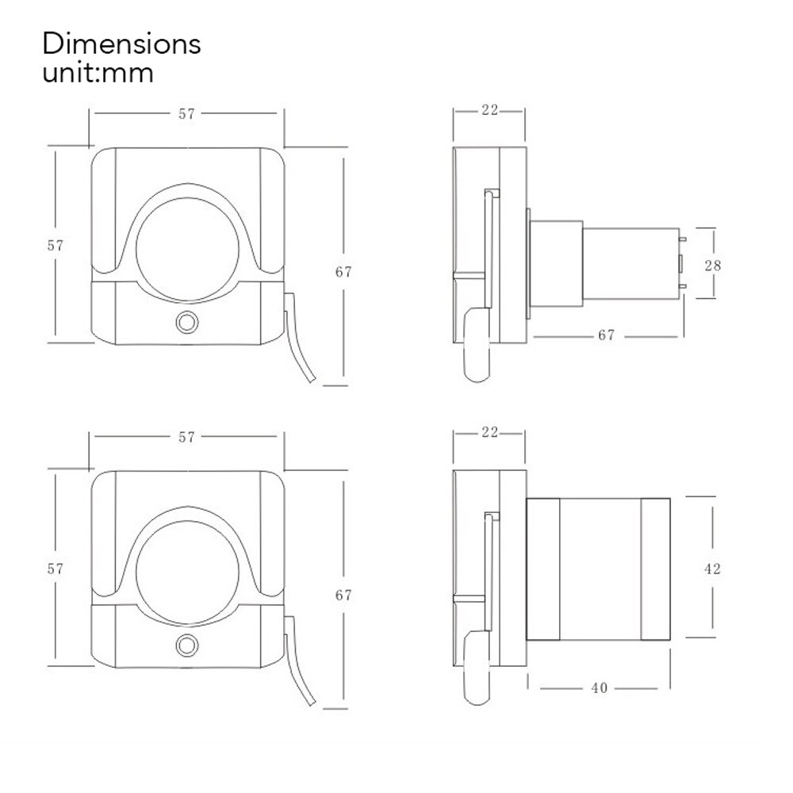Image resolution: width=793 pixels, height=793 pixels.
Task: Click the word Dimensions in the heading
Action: click(x=121, y=43)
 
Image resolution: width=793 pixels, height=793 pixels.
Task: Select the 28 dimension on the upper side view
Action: click(x=713, y=265)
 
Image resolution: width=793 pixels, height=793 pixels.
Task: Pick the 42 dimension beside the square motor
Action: click(x=712, y=569)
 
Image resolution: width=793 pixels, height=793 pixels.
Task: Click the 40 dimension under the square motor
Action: click(x=600, y=688)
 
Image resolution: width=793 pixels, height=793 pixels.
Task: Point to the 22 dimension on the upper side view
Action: click(x=489, y=110)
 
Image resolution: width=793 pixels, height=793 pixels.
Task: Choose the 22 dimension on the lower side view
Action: click(x=489, y=432)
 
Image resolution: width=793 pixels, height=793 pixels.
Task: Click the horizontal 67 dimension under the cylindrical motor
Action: click(x=606, y=335)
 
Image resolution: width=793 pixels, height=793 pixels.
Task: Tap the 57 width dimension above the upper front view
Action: click(x=186, y=113)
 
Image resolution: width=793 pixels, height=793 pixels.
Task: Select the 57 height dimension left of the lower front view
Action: click(x=55, y=569)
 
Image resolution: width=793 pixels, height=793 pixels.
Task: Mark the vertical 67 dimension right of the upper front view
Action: click(x=343, y=271)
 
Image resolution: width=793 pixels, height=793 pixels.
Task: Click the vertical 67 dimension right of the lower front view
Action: click(x=343, y=595)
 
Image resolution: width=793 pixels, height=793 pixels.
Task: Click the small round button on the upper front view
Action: click(x=187, y=322)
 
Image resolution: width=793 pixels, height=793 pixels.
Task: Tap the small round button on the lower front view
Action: click(x=187, y=645)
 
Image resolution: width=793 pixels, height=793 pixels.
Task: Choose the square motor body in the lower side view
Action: click(x=599, y=569)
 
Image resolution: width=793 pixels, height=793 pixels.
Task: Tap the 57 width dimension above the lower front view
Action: click(x=186, y=437)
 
